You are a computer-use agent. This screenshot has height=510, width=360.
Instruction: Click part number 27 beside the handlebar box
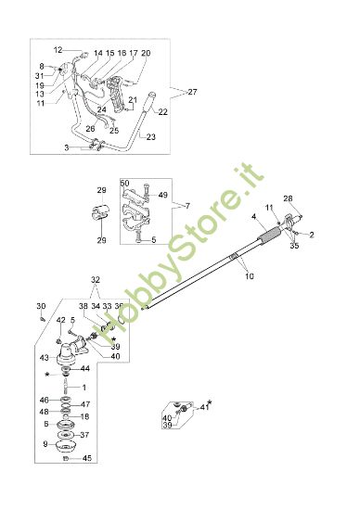click(193, 92)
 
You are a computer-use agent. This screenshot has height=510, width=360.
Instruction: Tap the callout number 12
click(57, 49)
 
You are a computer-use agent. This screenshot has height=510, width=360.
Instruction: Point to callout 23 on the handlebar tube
click(152, 136)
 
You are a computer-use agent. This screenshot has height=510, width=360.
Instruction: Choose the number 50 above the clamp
click(124, 184)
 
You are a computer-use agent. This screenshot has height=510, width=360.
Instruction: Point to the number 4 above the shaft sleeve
click(253, 217)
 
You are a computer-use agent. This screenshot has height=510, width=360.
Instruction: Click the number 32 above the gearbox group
click(95, 278)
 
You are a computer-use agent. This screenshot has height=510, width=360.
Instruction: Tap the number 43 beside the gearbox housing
click(43, 358)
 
